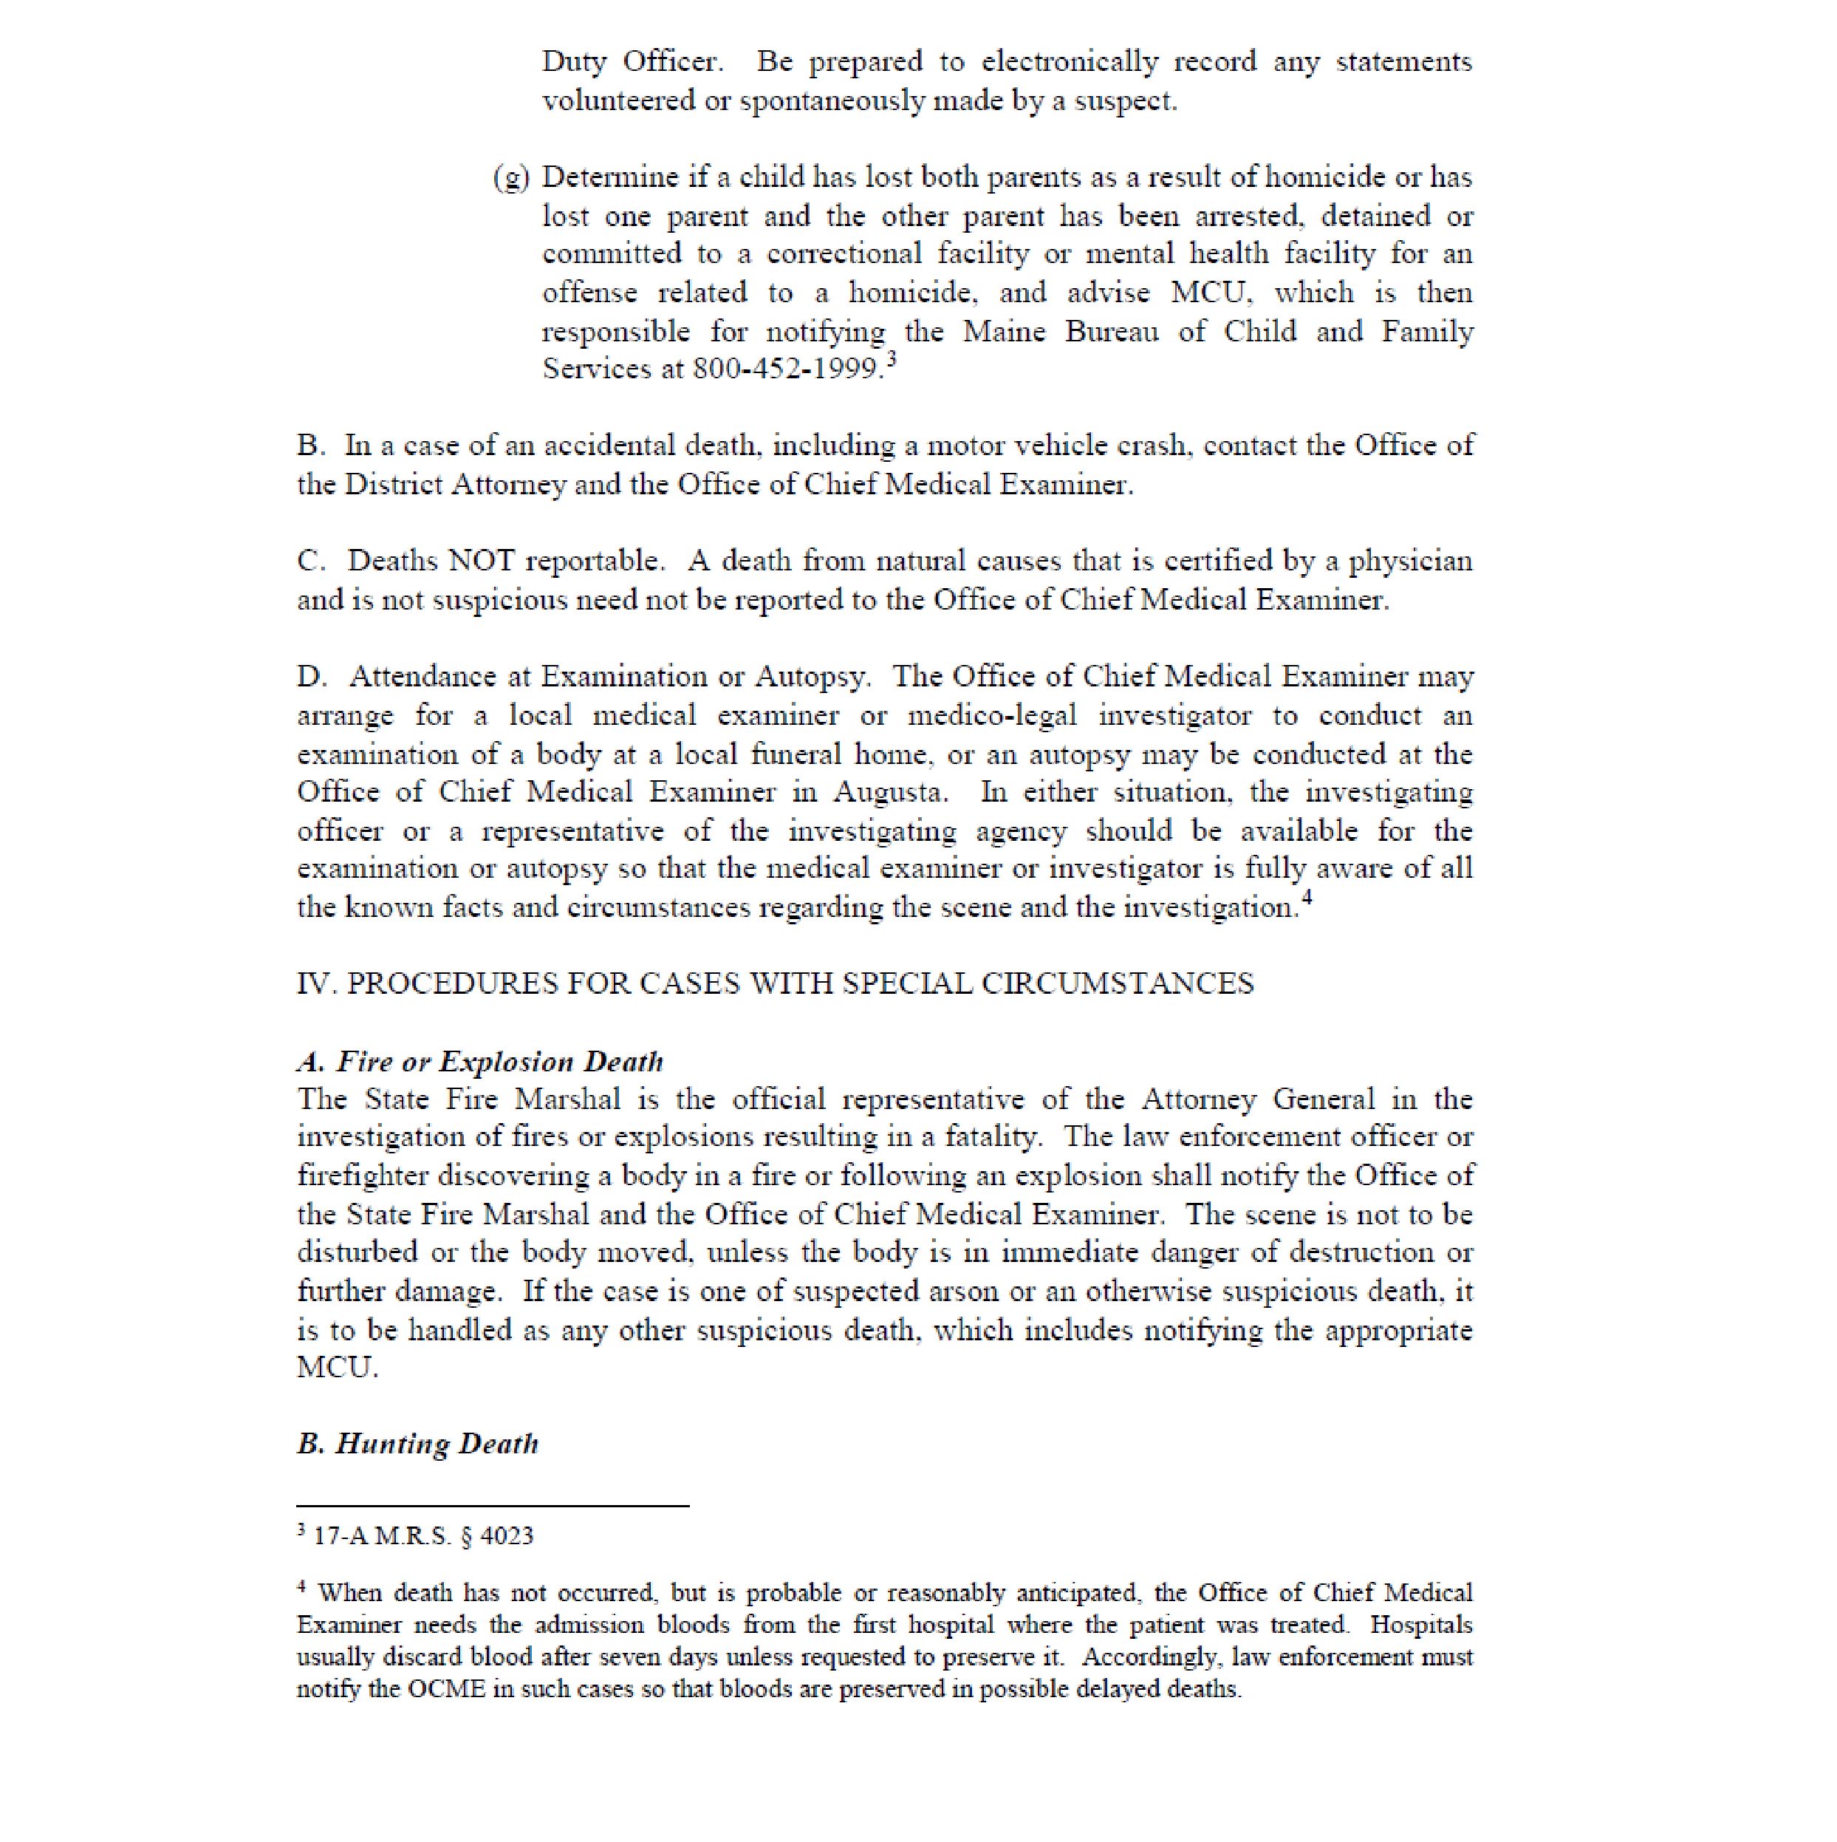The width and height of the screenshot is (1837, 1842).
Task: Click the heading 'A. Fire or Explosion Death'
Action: point(479,1062)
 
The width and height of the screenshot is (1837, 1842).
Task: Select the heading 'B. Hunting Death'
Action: point(417,1444)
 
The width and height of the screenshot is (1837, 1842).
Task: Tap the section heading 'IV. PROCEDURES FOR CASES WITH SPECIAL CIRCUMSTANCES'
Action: point(775,984)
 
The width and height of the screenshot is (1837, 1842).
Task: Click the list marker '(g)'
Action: point(511,178)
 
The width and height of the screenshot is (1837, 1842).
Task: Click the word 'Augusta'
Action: point(890,792)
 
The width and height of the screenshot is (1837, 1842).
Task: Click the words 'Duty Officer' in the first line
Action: point(632,62)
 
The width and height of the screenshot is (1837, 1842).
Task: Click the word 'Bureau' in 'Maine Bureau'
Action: point(1112,332)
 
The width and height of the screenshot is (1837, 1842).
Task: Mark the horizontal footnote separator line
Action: point(493,1507)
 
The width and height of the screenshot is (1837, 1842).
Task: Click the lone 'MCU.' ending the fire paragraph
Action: point(338,1368)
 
